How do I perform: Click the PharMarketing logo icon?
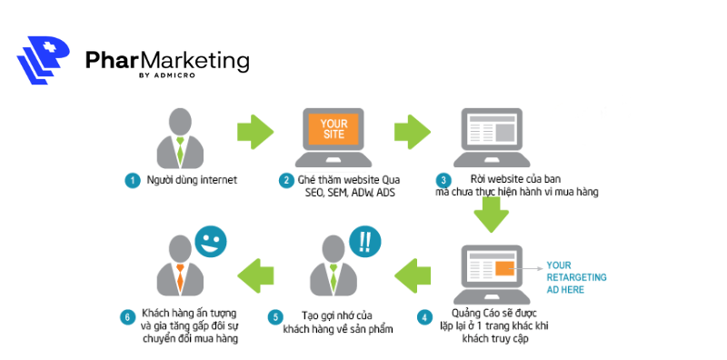pos(43,60)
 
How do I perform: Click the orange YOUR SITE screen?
pos(334,128)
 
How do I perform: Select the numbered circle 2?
pos(286,180)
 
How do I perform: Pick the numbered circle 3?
pos(443,180)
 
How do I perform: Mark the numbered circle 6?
pos(127,318)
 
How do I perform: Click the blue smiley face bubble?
pos(209,241)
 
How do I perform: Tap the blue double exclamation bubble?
pos(364,242)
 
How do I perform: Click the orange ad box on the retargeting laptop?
pos(505,267)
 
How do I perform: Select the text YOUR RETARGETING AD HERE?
pos(576,277)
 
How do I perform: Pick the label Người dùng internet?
pos(192,180)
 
